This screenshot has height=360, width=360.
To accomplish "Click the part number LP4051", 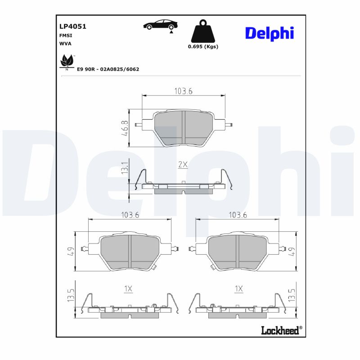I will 72,27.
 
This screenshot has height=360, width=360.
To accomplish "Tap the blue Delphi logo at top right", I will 269,33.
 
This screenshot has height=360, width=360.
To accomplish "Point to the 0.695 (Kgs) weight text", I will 202,47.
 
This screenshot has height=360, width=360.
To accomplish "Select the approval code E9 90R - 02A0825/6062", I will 108,69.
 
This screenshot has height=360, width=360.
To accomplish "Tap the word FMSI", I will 66,35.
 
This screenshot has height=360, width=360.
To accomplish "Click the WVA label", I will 65,44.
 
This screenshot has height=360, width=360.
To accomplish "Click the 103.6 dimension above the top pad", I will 183,91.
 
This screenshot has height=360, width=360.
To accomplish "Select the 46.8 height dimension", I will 125,128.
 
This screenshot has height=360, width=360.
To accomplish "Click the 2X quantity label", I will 183,165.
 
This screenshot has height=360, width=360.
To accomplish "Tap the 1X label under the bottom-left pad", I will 128,288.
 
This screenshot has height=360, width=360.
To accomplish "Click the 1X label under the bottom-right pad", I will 238,288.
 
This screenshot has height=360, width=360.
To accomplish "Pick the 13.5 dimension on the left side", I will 71,297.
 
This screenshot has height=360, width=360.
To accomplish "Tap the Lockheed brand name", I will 280,331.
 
